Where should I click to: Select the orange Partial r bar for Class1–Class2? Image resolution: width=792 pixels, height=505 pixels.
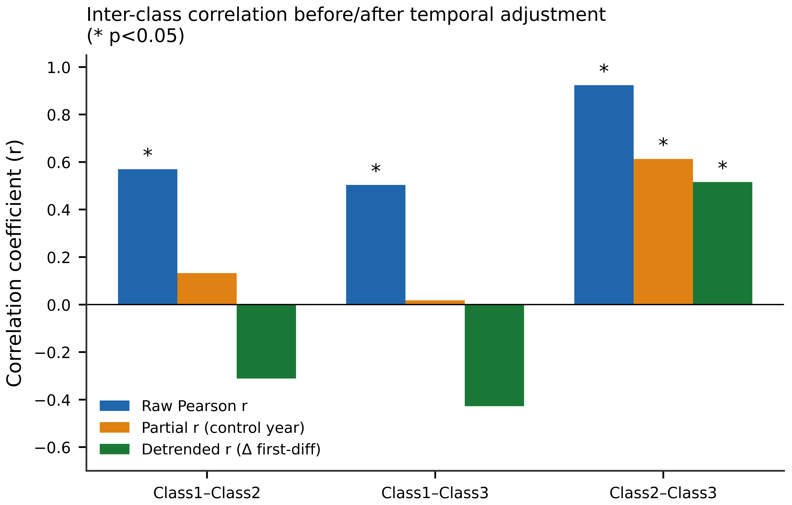[x=207, y=289]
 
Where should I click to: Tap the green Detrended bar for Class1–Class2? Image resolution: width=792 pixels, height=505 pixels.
[x=266, y=341]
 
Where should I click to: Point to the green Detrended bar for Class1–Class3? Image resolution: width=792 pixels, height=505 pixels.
[x=494, y=355]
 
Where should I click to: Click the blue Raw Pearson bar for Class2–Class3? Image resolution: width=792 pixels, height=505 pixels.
[x=604, y=195]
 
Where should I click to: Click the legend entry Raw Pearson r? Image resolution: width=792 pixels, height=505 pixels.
[x=173, y=406]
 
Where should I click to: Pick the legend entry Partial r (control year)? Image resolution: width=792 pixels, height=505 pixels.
[x=202, y=428]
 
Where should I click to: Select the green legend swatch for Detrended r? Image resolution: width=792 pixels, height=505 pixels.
[x=115, y=449]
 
